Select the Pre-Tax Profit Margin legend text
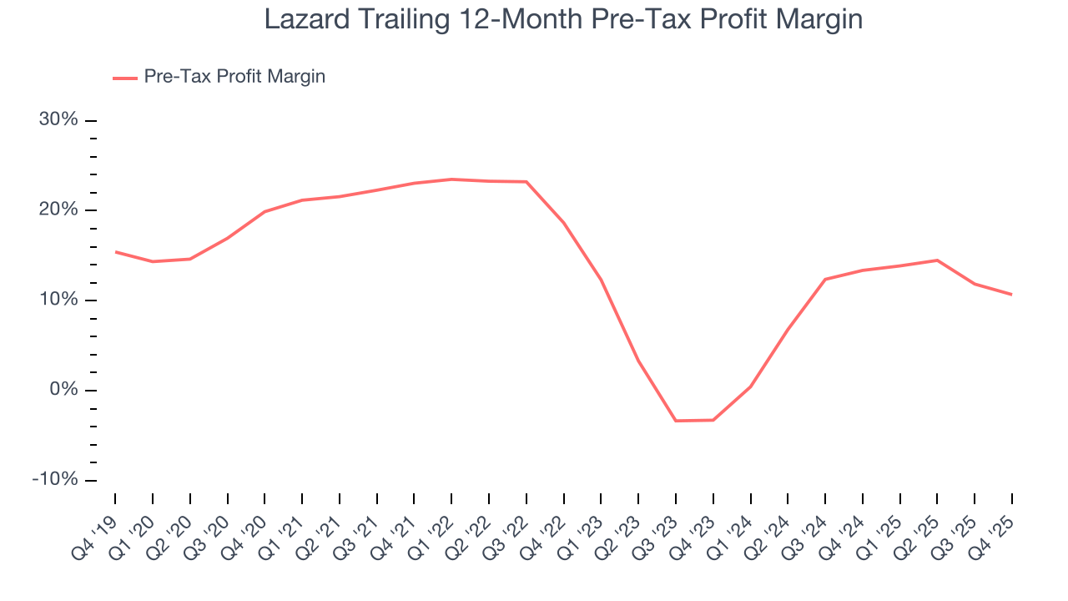click(234, 77)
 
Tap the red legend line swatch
click(125, 78)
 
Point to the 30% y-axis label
click(58, 120)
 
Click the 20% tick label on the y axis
click(58, 210)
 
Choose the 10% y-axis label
click(58, 300)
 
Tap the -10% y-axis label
click(55, 481)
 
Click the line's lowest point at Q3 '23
click(676, 421)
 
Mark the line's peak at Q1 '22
click(451, 179)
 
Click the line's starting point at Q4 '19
click(115, 251)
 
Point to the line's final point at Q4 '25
click(1012, 295)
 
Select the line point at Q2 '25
click(937, 260)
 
